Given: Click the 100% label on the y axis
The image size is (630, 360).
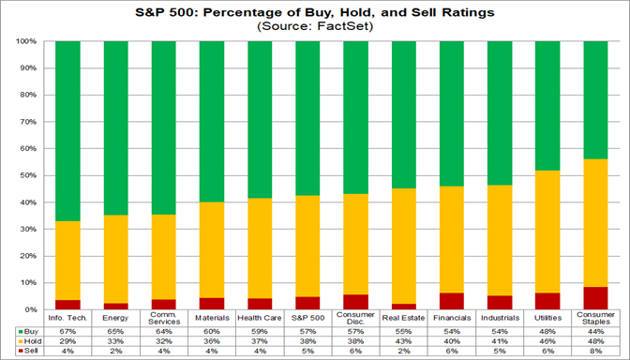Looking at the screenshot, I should tap(27, 42).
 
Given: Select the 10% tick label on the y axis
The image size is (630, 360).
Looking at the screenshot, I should tap(29, 282).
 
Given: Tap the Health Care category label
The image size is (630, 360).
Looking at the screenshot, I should tap(262, 317).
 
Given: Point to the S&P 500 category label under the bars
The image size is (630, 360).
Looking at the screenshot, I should tap(308, 317).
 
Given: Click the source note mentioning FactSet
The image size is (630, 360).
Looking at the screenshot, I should tap(315, 27).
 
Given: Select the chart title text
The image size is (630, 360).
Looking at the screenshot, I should tap(315, 12).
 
